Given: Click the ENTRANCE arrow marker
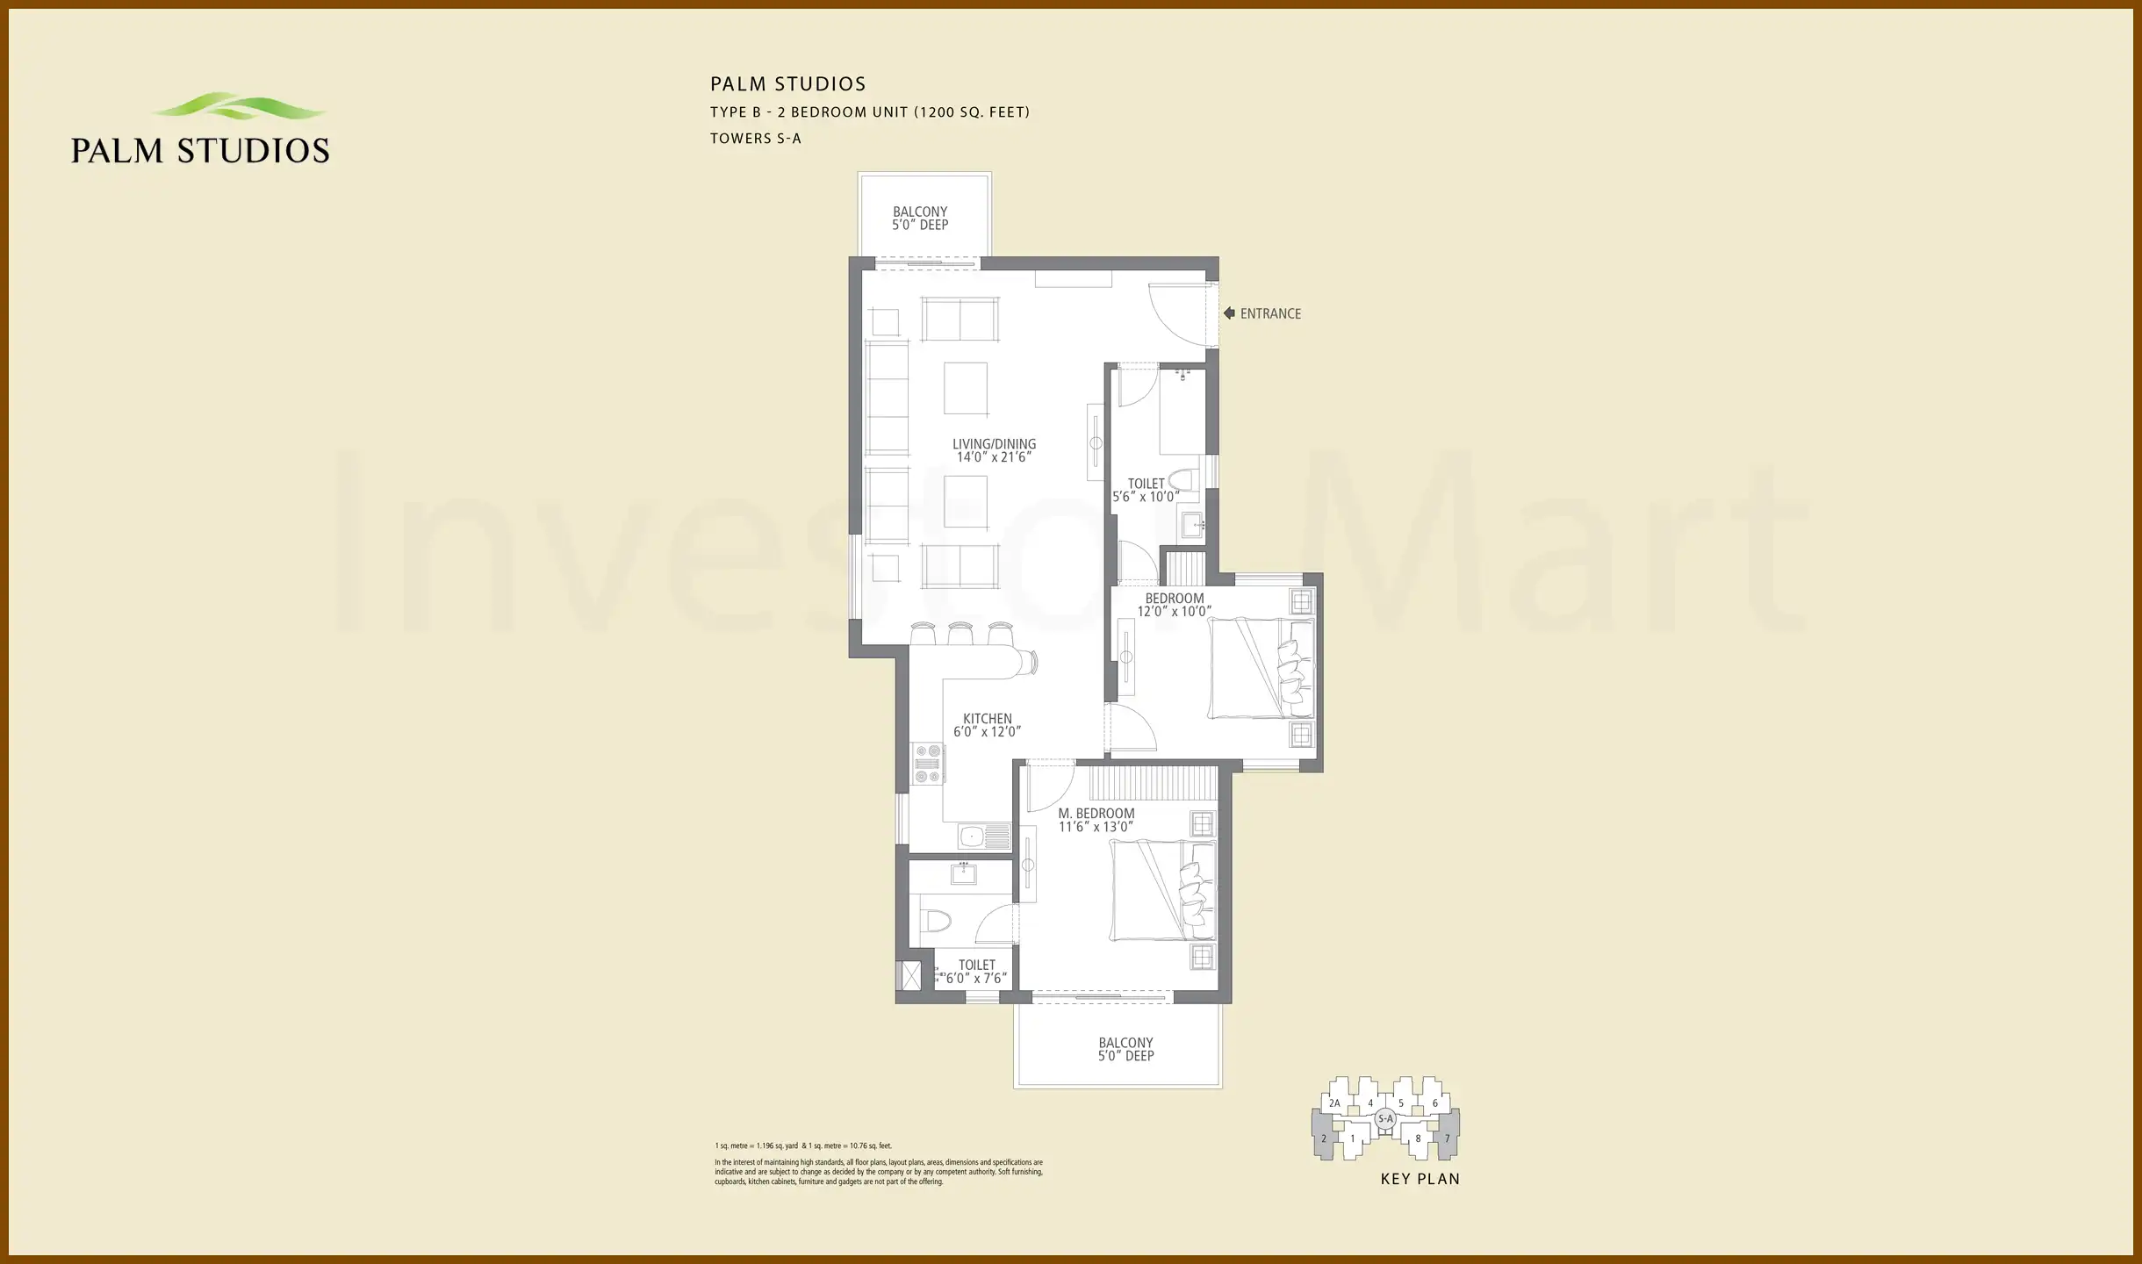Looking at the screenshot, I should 1229,313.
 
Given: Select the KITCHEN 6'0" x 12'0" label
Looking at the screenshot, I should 987,725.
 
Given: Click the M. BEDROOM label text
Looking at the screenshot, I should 1096,814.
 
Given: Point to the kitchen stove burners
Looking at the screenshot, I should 928,764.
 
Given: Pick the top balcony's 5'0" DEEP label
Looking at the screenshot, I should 920,225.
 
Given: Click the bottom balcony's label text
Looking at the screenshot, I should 1125,1049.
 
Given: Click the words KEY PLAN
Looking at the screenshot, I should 1420,1179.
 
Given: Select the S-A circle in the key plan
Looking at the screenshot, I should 1385,1118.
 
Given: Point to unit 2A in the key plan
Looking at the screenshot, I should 1334,1103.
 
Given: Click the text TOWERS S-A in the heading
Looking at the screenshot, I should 755,138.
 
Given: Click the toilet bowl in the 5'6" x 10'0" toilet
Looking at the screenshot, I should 1185,481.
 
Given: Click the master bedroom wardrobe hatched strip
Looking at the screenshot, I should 1154,781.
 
